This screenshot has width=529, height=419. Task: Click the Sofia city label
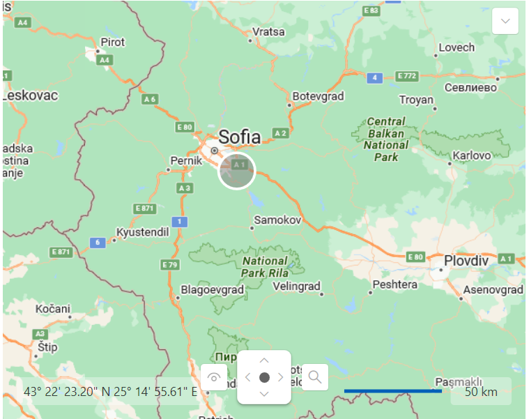[x=239, y=136]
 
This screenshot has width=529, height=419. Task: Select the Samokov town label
[x=277, y=220]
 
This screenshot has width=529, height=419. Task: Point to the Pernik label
[x=185, y=160]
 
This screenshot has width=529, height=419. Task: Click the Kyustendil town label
[x=142, y=231]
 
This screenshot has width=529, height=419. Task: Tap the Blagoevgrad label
[x=212, y=289]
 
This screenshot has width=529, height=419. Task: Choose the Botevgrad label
[x=318, y=96]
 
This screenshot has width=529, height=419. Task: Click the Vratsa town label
[x=268, y=31]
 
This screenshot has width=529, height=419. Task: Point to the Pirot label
[x=113, y=42]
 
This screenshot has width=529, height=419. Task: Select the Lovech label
[x=457, y=47]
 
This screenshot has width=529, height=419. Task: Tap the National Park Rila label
[x=264, y=267]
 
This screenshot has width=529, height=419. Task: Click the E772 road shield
[x=406, y=75]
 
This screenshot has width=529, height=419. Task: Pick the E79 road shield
[x=170, y=264]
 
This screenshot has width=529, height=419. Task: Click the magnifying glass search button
[x=315, y=377]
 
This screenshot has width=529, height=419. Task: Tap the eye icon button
[x=214, y=377]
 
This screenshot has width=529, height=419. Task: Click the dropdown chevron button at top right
[x=505, y=21]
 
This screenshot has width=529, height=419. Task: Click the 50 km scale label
[x=481, y=392]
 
